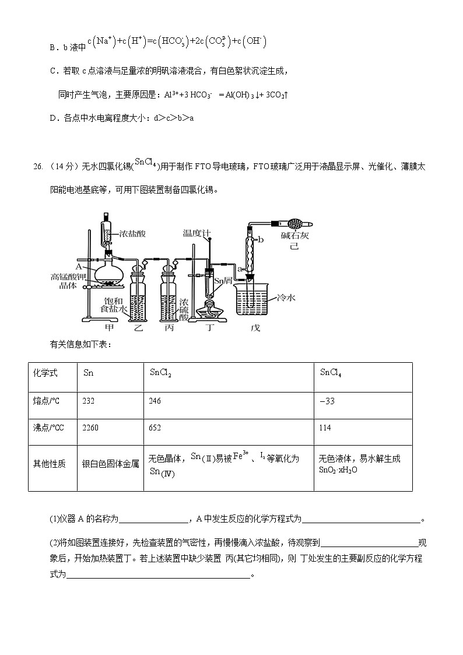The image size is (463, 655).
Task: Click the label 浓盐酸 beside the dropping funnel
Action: [132, 234]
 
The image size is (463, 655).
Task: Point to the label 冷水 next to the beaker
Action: [287, 297]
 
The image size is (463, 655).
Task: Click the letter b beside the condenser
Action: [261, 239]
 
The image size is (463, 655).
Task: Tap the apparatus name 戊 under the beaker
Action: [255, 328]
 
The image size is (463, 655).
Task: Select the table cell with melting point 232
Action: [89, 401]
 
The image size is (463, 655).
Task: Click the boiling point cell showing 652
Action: [155, 428]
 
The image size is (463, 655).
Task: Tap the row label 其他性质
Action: [49, 464]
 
